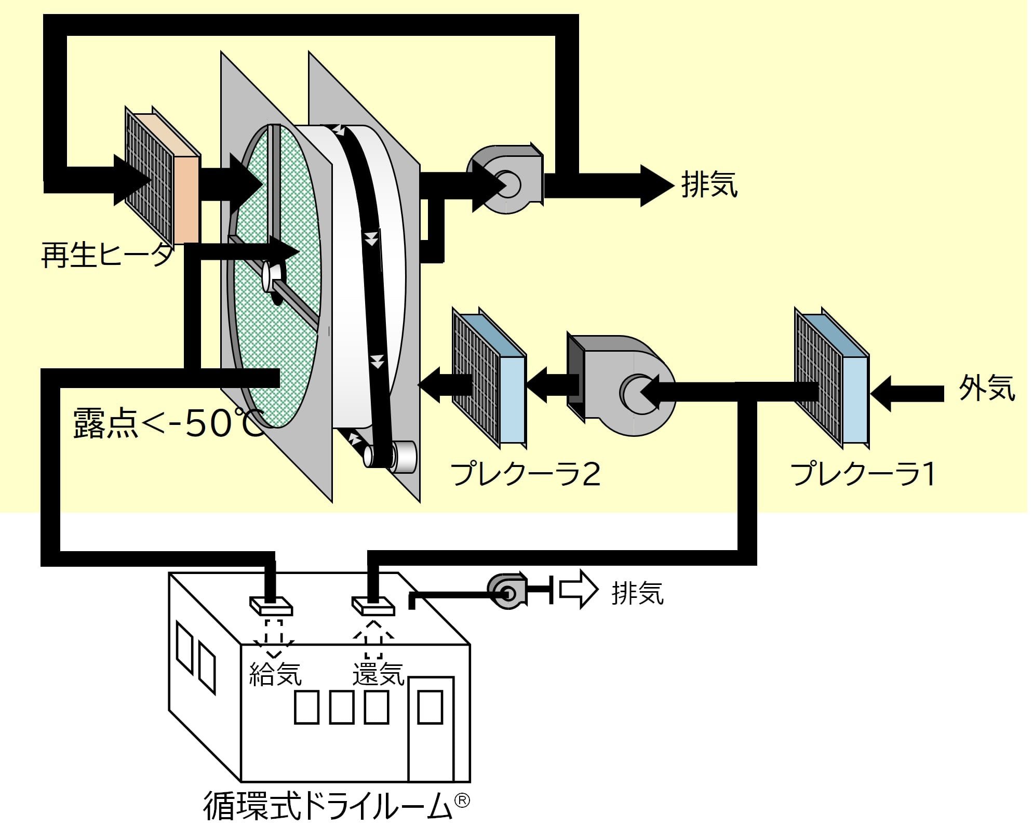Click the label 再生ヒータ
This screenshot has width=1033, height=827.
pos(106,255)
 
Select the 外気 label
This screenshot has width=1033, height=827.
pos(986,388)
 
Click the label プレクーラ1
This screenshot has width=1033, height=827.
pos(863,474)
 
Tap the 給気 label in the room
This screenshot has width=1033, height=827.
pos(275,674)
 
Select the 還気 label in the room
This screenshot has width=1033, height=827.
pos(378,674)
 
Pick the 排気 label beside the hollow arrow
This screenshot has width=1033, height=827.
pos(637,593)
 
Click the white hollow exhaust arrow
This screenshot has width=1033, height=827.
pos(578,589)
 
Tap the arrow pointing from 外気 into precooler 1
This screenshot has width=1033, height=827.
pos(906,393)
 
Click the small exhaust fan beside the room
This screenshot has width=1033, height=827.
pos(506,590)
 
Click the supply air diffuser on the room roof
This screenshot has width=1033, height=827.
pos(271,605)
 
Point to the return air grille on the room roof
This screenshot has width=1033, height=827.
pos(373,605)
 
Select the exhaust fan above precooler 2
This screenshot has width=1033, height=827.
pos(506,179)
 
